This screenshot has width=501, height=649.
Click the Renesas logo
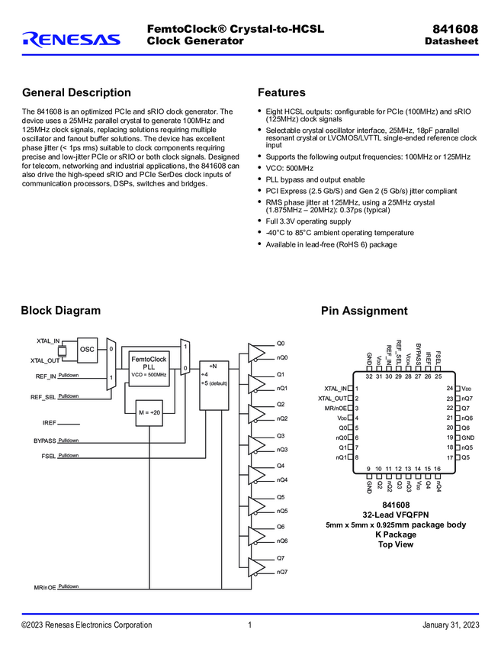click(71, 39)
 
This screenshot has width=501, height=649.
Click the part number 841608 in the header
click(455, 29)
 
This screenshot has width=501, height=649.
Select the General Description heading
click(76, 92)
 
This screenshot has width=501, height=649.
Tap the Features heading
click(281, 92)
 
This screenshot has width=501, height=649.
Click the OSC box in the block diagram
click(88, 350)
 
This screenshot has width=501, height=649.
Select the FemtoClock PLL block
click(149, 366)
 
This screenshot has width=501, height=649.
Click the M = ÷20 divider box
click(149, 413)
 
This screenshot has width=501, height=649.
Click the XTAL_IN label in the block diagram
click(48, 341)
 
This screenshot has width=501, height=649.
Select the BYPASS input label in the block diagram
click(45, 441)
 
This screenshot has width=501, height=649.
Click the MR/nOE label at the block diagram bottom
click(45, 587)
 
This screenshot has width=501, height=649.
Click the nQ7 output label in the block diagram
click(282, 572)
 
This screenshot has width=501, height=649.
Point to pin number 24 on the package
click(450, 389)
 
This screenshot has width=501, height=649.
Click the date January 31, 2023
click(451, 626)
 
